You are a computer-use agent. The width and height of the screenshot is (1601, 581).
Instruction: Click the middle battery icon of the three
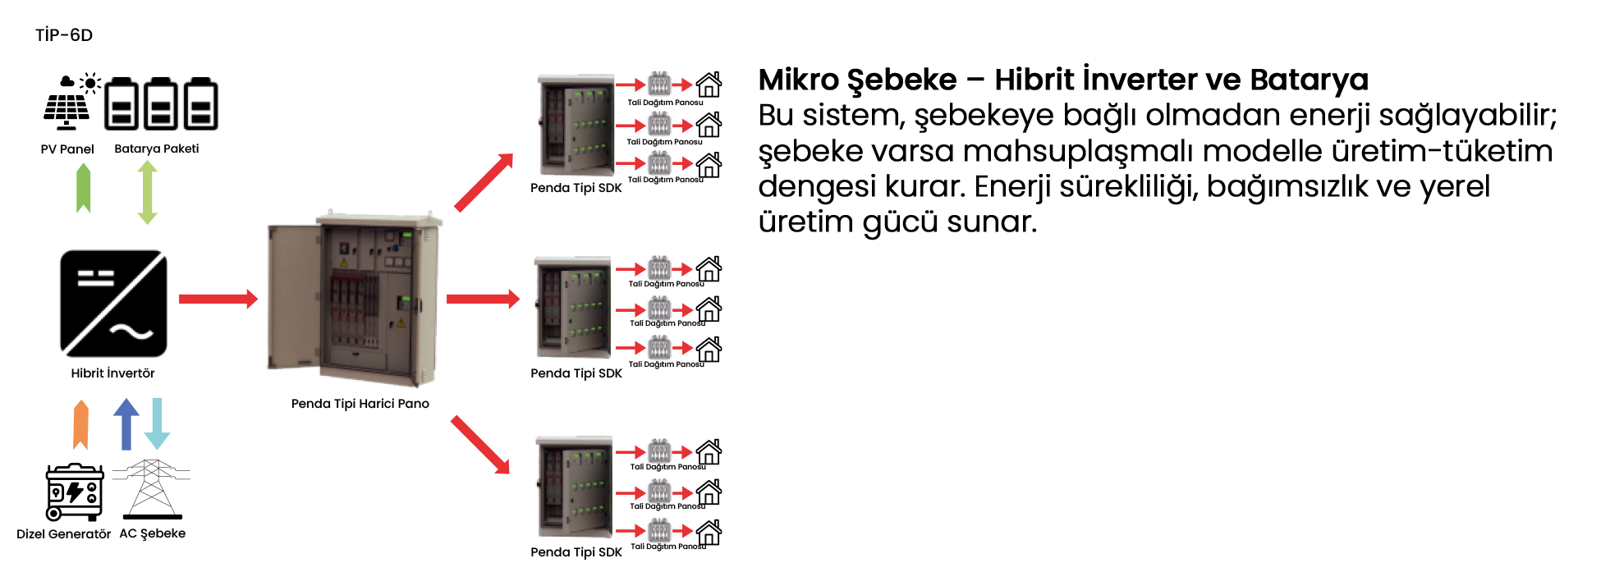coord(161,104)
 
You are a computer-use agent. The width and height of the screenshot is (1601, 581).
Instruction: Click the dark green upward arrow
coord(83,188)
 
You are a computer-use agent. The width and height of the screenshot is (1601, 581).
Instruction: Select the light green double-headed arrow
coord(147,192)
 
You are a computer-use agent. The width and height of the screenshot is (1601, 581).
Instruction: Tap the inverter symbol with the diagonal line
coord(113,304)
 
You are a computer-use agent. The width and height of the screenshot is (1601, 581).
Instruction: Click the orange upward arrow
coord(80,425)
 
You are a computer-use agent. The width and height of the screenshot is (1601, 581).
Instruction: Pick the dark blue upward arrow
coord(126,423)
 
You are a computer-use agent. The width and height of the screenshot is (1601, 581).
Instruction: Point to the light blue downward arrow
coord(157,423)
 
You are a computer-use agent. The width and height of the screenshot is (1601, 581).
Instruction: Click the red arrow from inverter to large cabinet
coord(218,298)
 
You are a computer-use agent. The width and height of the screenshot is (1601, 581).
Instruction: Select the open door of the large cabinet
coord(292,298)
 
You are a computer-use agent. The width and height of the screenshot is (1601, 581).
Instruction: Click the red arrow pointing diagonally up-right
coord(484,182)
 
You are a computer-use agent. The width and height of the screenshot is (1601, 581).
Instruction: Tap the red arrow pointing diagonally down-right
coord(481,445)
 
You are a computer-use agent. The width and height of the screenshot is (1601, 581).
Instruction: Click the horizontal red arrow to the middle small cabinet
coord(483,298)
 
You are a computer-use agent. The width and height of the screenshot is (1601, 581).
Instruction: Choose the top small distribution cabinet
coord(576,125)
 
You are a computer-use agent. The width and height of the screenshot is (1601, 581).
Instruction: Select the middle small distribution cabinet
coord(573,308)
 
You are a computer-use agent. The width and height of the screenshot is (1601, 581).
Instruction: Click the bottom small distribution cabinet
coord(575,487)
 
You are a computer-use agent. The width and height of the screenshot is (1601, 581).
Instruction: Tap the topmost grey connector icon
coord(659,84)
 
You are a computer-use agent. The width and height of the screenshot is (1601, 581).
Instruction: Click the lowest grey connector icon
coord(659,531)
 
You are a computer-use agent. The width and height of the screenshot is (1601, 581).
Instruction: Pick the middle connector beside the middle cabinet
coord(659,309)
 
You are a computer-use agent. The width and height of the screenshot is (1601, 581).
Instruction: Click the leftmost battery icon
coord(122,104)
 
